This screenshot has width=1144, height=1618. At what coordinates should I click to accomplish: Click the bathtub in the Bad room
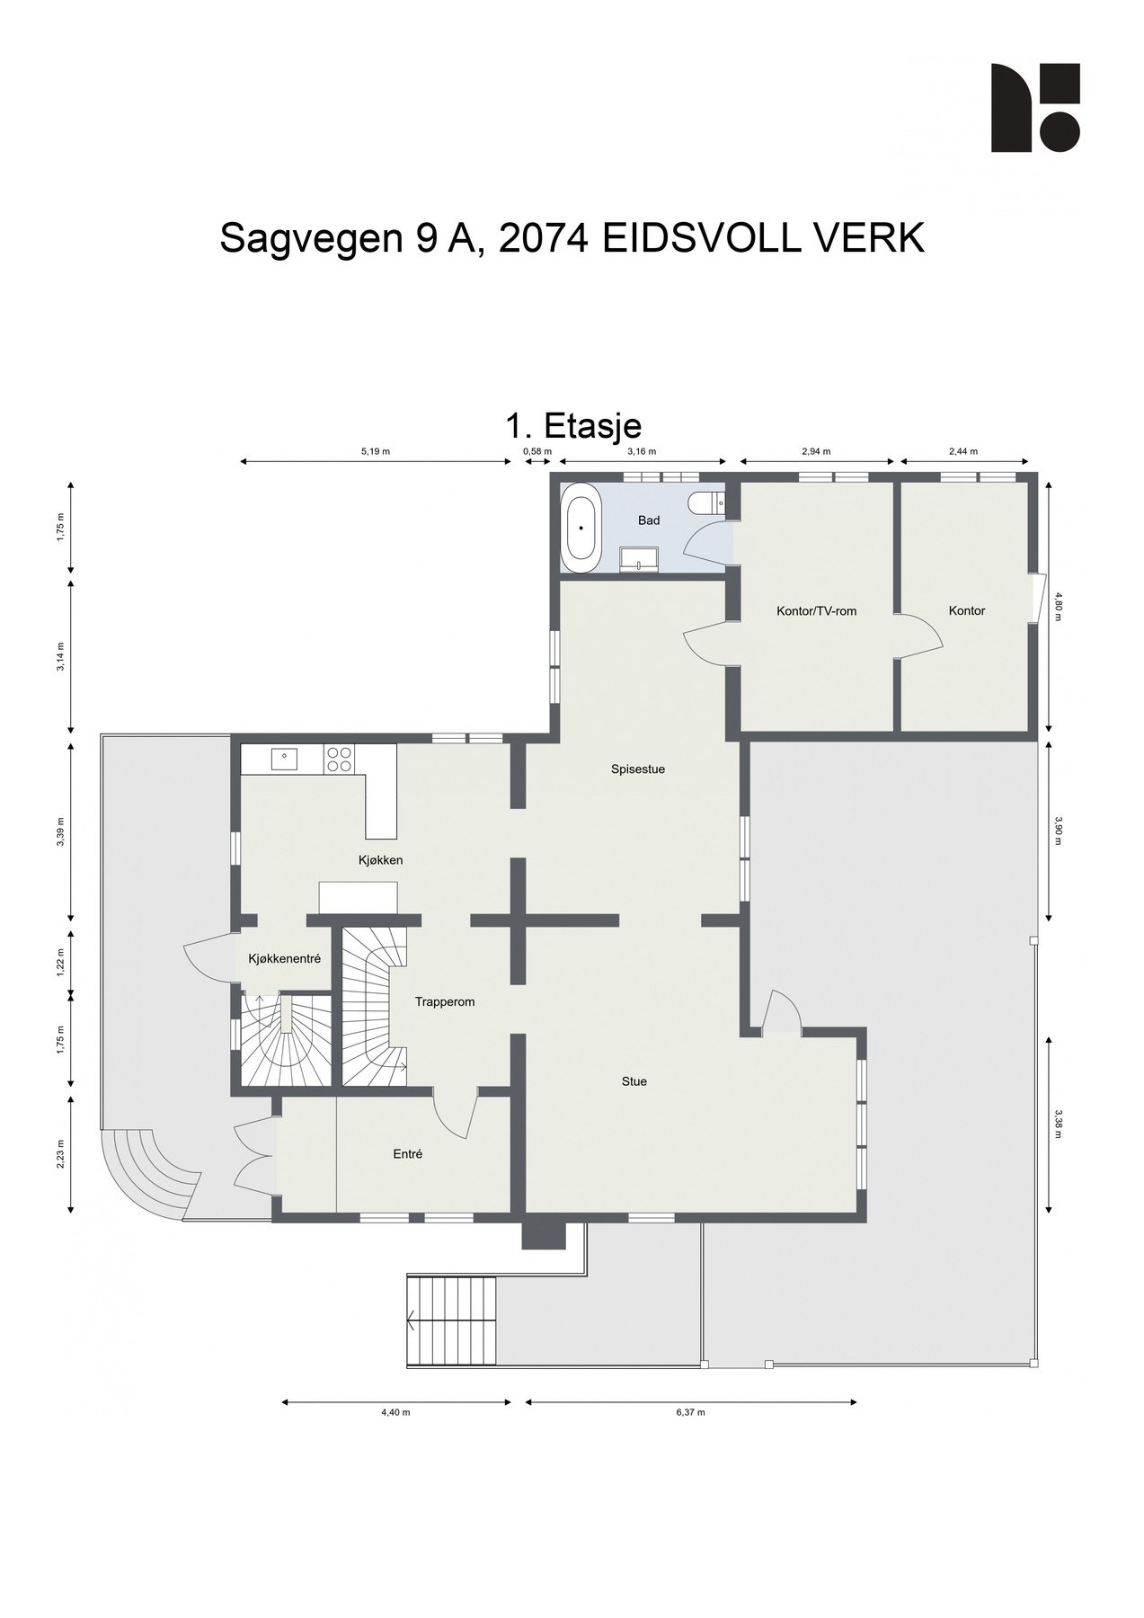click(581, 528)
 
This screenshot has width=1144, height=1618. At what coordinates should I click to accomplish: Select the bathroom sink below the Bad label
click(639, 560)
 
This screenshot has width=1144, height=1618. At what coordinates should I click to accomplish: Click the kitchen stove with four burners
click(339, 760)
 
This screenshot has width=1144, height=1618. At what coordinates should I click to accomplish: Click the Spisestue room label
click(637, 769)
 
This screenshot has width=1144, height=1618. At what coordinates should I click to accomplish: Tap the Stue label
click(634, 1081)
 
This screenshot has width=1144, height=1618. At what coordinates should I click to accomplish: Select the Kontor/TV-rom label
click(816, 611)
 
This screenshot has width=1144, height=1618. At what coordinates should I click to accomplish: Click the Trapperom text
click(444, 1001)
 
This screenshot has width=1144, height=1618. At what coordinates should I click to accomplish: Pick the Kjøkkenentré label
click(284, 959)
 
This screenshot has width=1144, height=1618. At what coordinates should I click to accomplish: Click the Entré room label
click(407, 1154)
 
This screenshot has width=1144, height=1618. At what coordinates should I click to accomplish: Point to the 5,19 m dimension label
click(376, 451)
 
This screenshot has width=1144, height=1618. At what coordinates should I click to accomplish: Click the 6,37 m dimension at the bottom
click(690, 1412)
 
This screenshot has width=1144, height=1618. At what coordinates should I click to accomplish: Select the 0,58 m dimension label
click(537, 451)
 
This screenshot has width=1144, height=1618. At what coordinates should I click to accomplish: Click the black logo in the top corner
click(1034, 108)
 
